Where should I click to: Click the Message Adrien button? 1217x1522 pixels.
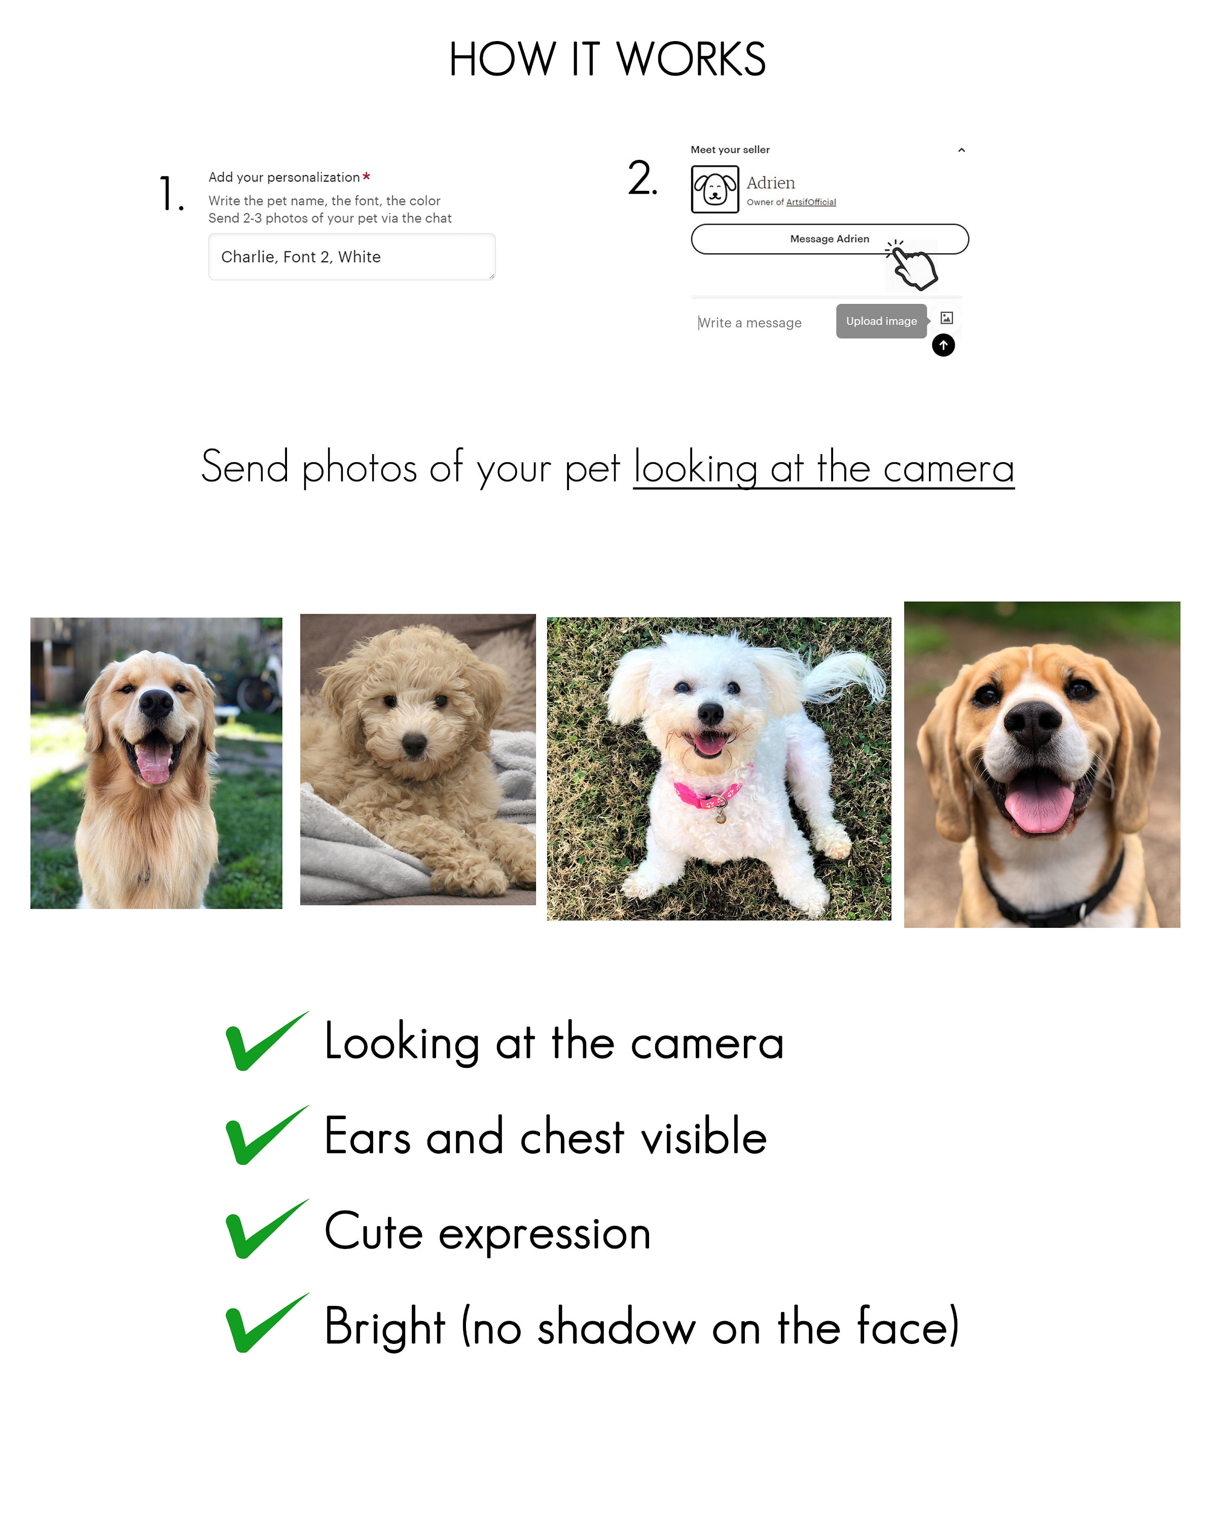[829, 238]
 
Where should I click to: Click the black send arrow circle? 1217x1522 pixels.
[943, 345]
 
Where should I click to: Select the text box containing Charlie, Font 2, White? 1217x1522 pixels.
[351, 257]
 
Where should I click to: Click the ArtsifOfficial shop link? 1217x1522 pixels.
[811, 202]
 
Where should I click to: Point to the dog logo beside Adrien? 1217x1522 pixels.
[714, 189]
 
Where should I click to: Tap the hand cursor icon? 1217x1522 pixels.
[914, 266]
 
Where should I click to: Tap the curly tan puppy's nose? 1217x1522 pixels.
[414, 743]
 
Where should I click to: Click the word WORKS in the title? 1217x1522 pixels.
[691, 59]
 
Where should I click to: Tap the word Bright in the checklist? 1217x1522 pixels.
[384, 1327]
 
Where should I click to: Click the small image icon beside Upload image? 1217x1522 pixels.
[947, 319]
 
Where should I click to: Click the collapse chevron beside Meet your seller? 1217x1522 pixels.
[961, 150]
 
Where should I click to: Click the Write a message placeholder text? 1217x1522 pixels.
[750, 323]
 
